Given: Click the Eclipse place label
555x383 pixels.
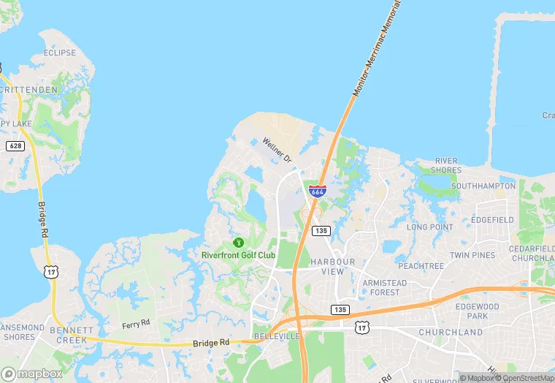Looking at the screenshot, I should click(x=59, y=53).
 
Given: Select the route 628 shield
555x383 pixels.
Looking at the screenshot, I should click(x=14, y=146).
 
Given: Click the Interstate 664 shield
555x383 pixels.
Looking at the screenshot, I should click(x=317, y=191).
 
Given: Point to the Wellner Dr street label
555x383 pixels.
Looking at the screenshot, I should click(x=277, y=148).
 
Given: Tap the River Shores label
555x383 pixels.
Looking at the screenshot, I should click(x=446, y=165).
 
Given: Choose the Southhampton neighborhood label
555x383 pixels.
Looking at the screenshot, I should click(x=483, y=186).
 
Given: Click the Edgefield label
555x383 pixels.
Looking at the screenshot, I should click(x=492, y=219).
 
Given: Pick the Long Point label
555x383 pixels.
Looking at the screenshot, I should click(x=429, y=227).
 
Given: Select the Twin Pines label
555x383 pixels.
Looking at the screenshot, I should click(x=472, y=255).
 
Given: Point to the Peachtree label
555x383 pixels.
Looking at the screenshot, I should click(x=421, y=266).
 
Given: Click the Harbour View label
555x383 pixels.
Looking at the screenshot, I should click(x=332, y=266).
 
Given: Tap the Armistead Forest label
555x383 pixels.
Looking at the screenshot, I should click(x=384, y=287).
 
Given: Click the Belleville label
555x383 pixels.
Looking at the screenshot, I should click(x=277, y=336).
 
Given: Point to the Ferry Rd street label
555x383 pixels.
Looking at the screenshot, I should click(x=135, y=323).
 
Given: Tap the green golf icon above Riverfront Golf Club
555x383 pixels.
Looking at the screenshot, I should click(x=237, y=242).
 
